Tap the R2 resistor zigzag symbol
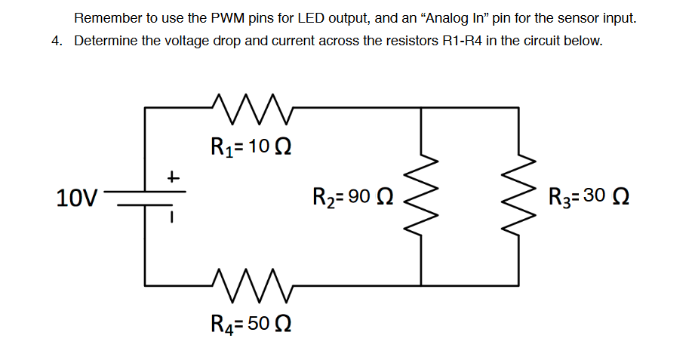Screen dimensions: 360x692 (x=420, y=197)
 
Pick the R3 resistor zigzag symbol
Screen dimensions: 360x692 (x=518, y=197)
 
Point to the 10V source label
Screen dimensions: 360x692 (x=77, y=198)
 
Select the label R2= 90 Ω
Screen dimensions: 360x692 (x=352, y=198)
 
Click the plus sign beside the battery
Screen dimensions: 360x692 (x=173, y=178)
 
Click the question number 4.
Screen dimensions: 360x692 (x=57, y=41)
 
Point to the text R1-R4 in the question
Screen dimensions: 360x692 (x=463, y=41)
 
